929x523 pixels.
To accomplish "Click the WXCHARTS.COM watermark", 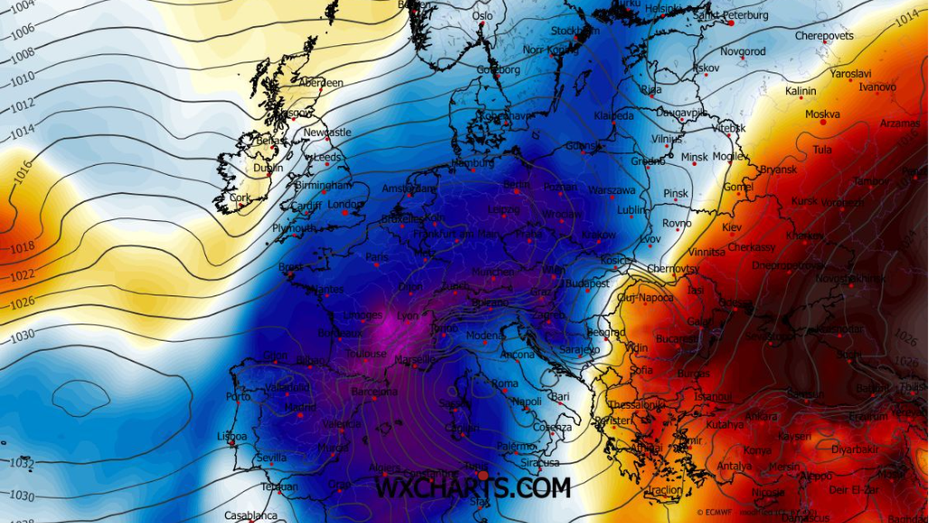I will click(473, 487).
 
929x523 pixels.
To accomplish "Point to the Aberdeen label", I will click(321, 83).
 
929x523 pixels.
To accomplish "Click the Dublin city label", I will click(269, 168).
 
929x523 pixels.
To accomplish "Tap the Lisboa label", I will click(231, 436).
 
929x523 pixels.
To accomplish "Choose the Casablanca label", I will click(251, 515).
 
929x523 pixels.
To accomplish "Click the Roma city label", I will click(505, 384).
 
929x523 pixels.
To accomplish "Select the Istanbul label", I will click(713, 397).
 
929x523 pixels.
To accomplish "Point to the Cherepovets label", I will click(824, 36).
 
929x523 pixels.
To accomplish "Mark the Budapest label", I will click(588, 284).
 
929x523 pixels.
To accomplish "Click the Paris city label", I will click(377, 257).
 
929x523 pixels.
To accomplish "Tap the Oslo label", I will click(482, 15).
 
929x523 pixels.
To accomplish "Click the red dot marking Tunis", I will click(483, 475).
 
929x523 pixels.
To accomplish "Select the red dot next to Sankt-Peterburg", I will click(730, 23).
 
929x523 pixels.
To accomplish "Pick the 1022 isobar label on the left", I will click(22, 275).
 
